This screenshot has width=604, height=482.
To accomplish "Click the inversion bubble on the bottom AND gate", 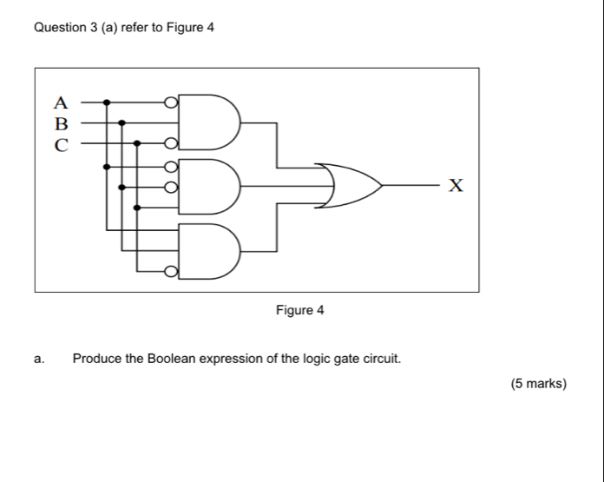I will tap(172, 273).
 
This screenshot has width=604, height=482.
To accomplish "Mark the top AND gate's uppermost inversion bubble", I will tap(172, 102).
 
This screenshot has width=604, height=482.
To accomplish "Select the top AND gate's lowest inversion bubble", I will tap(172, 143).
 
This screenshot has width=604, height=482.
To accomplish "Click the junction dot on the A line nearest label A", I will tap(107, 102).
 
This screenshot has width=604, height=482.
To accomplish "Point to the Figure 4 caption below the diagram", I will tap(299, 310).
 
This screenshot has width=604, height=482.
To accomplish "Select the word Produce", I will tap(97, 358).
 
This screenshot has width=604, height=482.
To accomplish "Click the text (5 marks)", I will tap(539, 383).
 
